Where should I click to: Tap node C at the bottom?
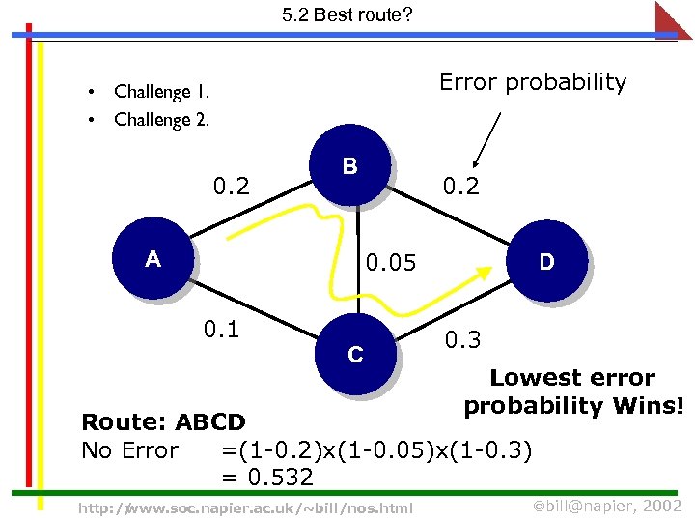(x=355, y=355)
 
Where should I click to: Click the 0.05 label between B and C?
(x=391, y=262)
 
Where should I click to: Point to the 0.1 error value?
(x=223, y=330)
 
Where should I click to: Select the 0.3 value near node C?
(x=462, y=339)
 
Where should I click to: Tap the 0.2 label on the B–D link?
(x=460, y=185)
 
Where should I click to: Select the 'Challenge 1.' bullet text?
(x=161, y=92)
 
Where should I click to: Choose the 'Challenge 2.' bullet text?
(x=161, y=120)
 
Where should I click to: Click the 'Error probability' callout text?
(x=533, y=82)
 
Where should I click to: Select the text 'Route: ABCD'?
(x=164, y=422)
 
